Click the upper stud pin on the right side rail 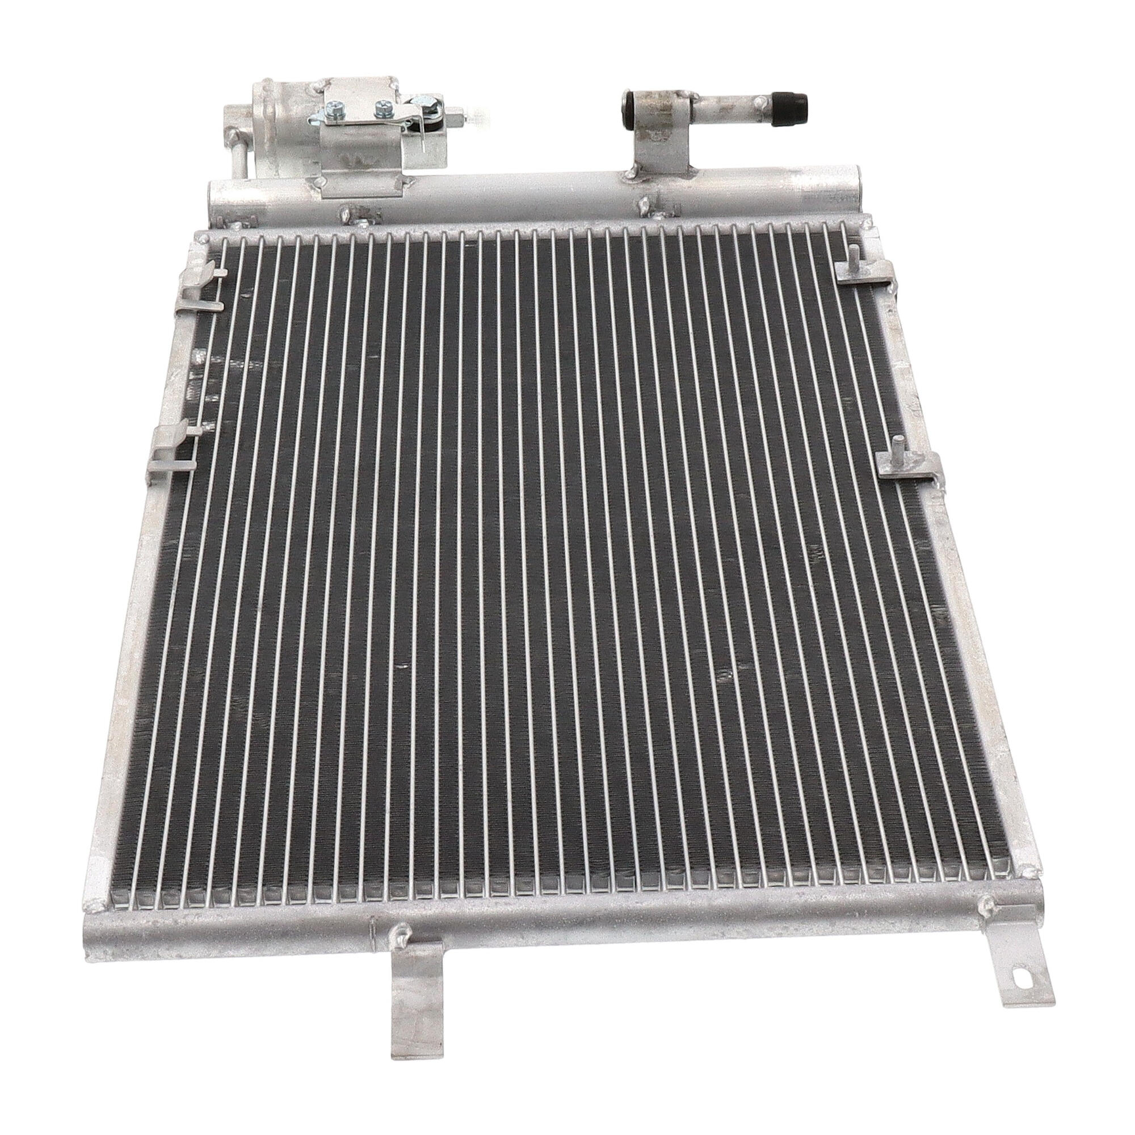click(852, 257)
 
